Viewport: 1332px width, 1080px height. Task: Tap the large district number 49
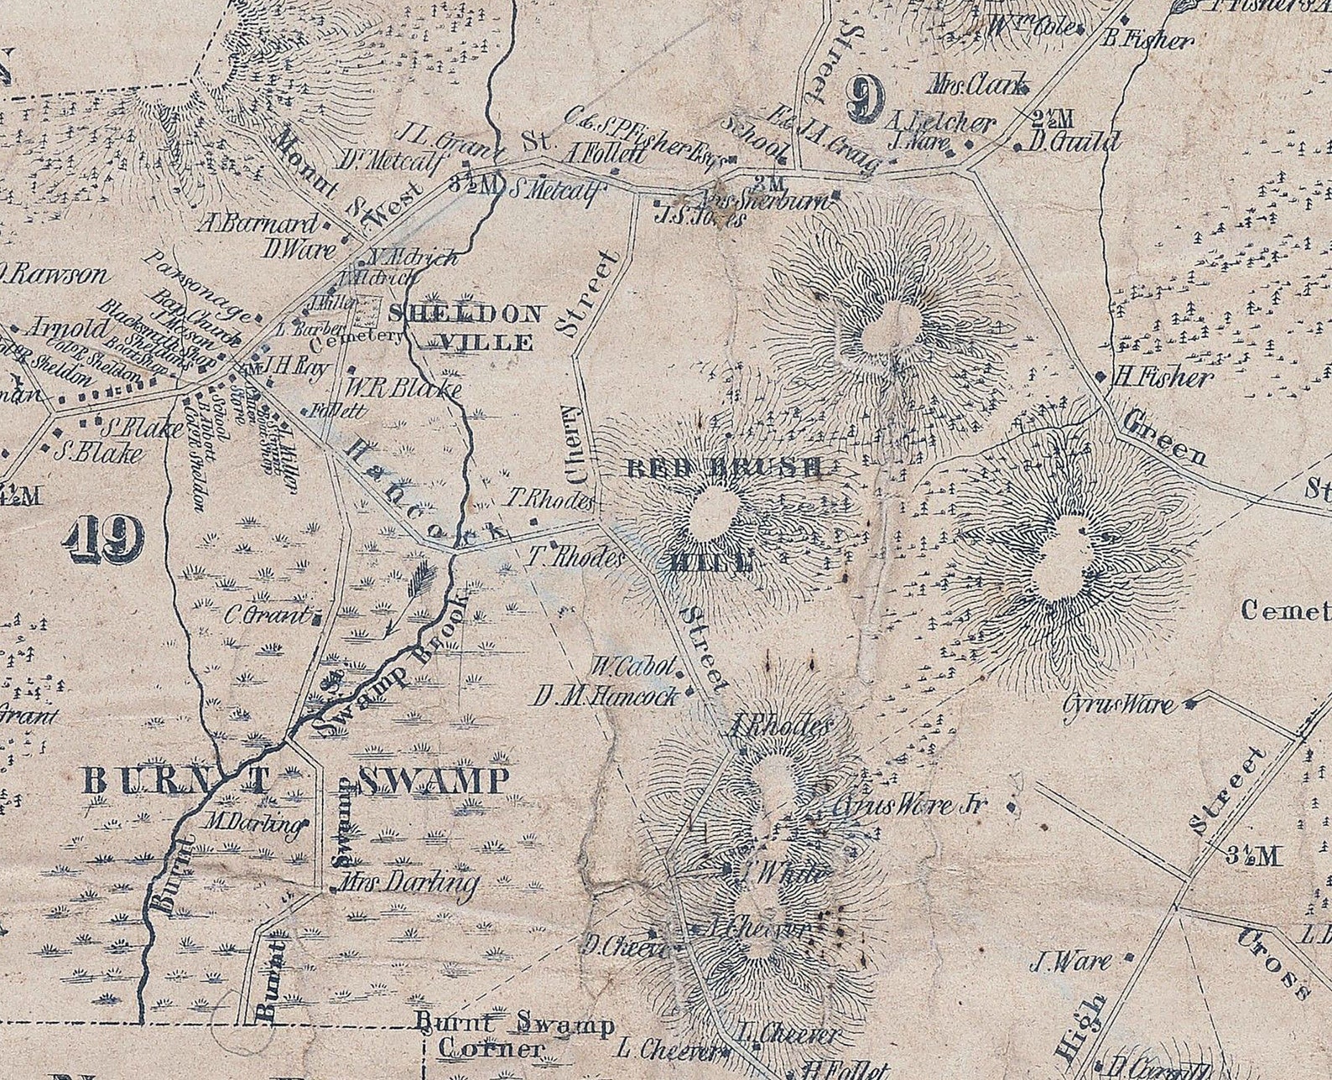[104, 538]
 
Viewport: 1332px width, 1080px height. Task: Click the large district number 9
[865, 100]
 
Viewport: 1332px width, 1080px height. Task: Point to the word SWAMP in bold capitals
[434, 781]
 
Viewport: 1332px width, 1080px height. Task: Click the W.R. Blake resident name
[403, 389]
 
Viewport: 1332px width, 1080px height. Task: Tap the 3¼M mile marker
[1253, 856]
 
